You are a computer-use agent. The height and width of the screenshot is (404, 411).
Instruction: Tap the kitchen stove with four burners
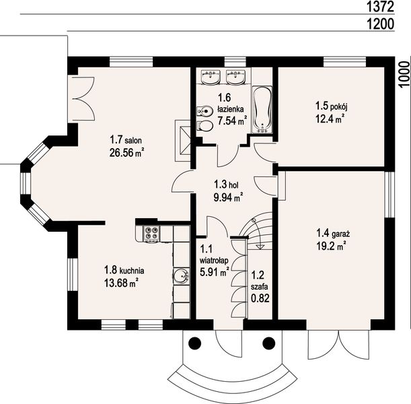(151, 233)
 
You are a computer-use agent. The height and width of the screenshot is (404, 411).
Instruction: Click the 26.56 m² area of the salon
(127, 153)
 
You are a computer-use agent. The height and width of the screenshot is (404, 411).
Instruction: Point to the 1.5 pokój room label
(332, 106)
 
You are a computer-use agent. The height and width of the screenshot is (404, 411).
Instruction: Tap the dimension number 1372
(380, 7)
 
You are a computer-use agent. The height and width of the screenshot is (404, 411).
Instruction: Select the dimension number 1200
(380, 24)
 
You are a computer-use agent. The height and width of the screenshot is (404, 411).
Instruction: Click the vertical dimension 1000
(405, 74)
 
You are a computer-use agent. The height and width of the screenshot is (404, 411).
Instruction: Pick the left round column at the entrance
(195, 343)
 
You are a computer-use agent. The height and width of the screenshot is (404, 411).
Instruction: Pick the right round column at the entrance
(269, 343)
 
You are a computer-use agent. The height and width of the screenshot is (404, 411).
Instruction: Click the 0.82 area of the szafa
(260, 298)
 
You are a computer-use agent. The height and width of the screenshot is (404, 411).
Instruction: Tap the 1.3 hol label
(226, 184)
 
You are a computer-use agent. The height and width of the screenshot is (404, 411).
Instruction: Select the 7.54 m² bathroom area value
(232, 121)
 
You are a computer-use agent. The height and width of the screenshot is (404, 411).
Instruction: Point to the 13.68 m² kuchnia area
(121, 283)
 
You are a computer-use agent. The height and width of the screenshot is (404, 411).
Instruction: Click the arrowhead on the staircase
(260, 246)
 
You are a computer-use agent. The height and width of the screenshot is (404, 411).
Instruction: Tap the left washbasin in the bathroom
(211, 77)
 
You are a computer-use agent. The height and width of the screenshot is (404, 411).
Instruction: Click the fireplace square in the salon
(183, 140)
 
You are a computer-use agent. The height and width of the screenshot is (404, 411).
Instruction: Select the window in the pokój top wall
(344, 62)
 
